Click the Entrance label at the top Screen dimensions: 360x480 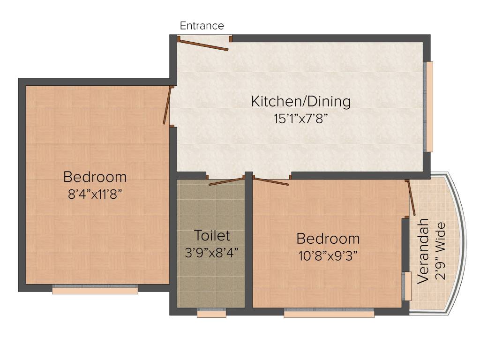(x=202, y=26)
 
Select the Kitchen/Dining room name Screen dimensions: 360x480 (x=300, y=101)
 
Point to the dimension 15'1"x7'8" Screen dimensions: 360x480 (x=300, y=118)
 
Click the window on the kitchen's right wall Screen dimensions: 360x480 (x=428, y=106)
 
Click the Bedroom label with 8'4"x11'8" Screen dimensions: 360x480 (x=95, y=177)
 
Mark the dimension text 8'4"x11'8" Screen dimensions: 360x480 (x=95, y=194)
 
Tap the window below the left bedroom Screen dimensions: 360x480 (x=95, y=290)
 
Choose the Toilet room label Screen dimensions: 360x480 (x=212, y=235)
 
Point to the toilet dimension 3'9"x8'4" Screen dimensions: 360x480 (x=212, y=252)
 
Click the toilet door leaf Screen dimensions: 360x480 (x=226, y=181)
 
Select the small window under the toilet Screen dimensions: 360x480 (x=211, y=313)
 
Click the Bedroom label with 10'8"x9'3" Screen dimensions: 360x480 (x=328, y=239)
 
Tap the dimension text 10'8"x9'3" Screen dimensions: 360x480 (x=328, y=255)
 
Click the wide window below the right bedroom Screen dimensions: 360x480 (x=329, y=313)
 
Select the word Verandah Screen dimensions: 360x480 (x=423, y=251)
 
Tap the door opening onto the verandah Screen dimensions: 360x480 (x=411, y=197)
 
